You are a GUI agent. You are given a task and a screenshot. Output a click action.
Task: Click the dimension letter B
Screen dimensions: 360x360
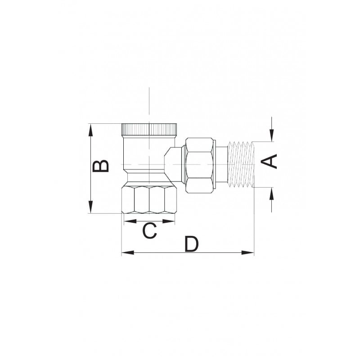100,166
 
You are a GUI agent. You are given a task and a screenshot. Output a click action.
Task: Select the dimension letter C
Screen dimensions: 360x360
149,230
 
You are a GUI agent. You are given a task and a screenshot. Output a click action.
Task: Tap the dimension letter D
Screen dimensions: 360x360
191,243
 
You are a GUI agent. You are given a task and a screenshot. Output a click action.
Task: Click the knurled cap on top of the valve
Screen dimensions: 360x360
149,129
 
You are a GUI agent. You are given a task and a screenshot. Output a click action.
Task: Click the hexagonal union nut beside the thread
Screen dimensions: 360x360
199,165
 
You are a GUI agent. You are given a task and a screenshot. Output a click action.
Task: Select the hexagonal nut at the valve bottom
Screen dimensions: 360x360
149,199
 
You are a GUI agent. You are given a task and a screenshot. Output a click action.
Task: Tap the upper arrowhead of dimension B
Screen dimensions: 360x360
91,130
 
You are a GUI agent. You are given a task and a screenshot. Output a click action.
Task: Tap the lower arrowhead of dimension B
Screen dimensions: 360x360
91,207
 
